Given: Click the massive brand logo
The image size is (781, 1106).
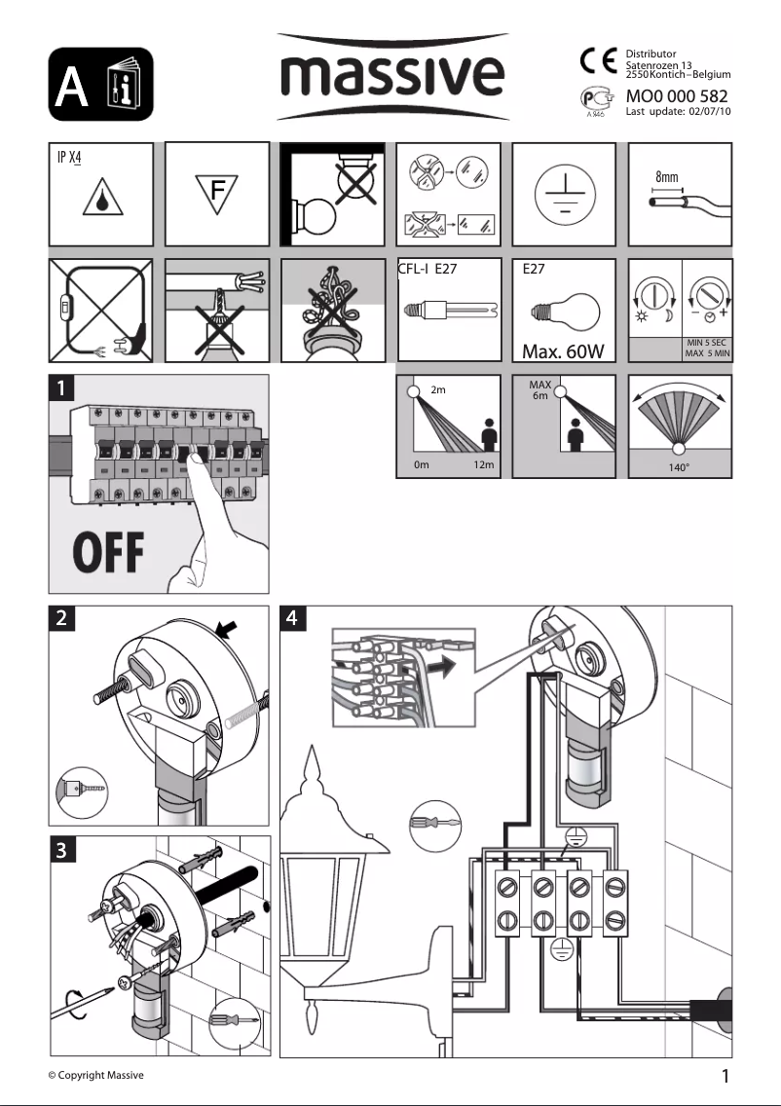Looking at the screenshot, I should (x=392, y=75).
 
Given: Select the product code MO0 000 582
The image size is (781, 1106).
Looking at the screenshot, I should (x=677, y=96).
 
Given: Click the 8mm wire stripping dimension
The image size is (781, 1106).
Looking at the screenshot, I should (x=667, y=178).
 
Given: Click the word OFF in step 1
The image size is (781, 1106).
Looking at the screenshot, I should (x=105, y=554).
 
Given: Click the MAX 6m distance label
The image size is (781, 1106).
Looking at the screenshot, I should (x=539, y=390).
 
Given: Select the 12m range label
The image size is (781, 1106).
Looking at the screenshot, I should (x=483, y=465).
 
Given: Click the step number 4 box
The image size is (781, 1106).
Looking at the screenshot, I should (x=292, y=617).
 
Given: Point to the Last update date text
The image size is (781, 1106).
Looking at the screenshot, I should (x=677, y=112).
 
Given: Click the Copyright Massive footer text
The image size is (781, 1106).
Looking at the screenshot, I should (x=96, y=1075).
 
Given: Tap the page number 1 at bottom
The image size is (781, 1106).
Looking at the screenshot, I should (x=725, y=1076).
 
